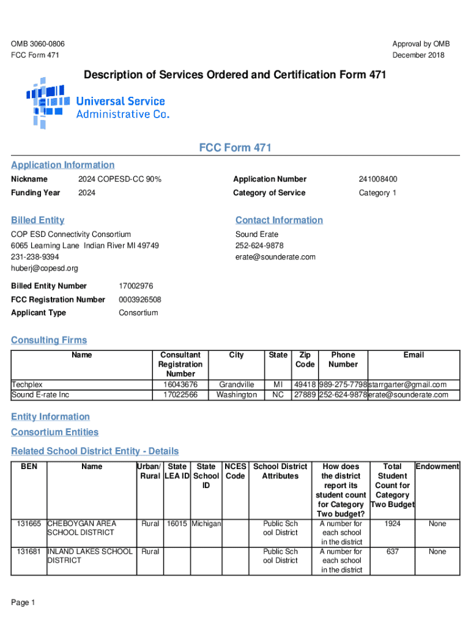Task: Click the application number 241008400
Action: pos(377,179)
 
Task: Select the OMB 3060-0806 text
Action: pos(38,44)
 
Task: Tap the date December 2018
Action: pos(418,56)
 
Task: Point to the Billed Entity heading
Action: pos(37,220)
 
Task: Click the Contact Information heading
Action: pos(279,220)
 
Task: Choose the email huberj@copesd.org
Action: pos(45,268)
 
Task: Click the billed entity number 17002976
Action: pos(136,286)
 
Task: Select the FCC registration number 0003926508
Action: pos(140,299)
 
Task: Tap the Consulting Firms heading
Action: pos(49,340)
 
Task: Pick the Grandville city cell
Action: pos(236,385)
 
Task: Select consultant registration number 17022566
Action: pos(180,395)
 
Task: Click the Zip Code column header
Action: pos(305,359)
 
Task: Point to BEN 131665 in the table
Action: pos(29,524)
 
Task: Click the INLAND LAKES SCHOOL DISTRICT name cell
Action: pos(90,556)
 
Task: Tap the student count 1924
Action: pos(392,524)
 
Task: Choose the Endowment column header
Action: pos(437,467)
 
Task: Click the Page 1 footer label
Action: pos(23,603)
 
